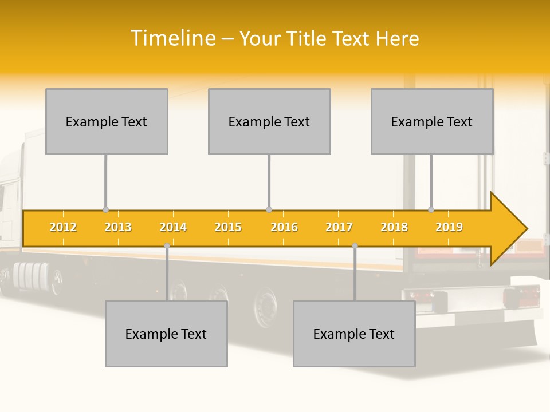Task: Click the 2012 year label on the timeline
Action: coord(63,227)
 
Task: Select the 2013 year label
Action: coord(118,227)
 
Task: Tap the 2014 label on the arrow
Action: coord(173,227)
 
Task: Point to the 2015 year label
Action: coord(228,227)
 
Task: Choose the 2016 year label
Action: coord(284,227)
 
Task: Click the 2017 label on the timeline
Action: coord(339,227)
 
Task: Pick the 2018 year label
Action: coord(394,227)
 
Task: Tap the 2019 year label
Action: coord(449,227)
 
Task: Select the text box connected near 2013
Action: coord(107,121)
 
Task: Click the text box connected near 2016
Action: coord(269,121)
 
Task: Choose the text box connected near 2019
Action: coord(432,121)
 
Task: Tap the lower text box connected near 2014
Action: coord(166,334)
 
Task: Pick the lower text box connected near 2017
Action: coord(354,334)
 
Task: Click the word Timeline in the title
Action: coord(172,38)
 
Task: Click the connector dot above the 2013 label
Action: coord(105,210)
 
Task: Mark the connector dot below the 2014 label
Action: coord(167,246)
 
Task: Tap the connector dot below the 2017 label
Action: coord(355,246)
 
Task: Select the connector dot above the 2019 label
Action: coord(431,210)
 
